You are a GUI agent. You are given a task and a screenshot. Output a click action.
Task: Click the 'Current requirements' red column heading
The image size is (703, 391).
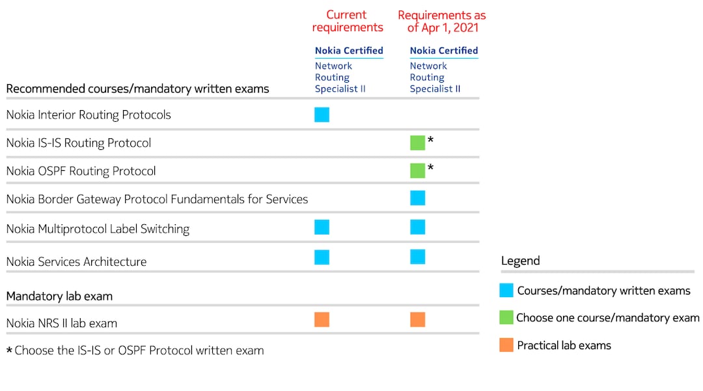[348, 21]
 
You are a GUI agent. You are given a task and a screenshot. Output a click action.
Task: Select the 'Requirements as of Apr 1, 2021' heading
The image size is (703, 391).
[442, 21]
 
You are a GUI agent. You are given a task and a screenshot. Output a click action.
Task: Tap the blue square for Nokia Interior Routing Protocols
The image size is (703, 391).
[322, 115]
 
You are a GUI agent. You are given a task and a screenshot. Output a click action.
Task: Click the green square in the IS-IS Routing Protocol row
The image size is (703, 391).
[417, 143]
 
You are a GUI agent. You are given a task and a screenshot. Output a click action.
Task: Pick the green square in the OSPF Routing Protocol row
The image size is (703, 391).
[417, 171]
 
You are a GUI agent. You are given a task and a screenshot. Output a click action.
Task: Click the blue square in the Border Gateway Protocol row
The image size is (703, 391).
[417, 198]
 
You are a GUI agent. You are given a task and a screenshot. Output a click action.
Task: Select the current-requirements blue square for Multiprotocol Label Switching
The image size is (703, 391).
[322, 227]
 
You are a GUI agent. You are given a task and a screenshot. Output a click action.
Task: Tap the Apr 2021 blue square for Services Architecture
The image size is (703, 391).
[417, 257]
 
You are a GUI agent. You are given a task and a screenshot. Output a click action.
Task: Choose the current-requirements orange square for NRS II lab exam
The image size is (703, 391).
[322, 319]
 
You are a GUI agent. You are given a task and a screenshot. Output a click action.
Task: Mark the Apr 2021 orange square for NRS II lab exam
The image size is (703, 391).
[417, 319]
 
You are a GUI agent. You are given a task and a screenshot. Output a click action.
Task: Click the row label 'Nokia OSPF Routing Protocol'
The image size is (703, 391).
[81, 171]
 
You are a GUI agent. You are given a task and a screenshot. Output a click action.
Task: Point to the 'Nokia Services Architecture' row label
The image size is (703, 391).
[76, 262]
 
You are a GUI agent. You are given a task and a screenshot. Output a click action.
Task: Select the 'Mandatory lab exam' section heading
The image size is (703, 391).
[59, 296]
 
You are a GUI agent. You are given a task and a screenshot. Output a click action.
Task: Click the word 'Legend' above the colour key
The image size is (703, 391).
[520, 261]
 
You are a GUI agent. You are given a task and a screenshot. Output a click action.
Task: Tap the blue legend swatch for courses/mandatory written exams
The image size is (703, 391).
[506, 291]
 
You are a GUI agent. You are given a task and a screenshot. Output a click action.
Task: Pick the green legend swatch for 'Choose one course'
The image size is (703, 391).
[506, 317]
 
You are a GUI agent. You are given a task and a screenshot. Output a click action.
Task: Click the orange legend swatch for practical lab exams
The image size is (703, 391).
[506, 345]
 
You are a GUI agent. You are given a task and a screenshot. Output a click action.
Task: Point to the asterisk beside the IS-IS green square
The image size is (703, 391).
[430, 140]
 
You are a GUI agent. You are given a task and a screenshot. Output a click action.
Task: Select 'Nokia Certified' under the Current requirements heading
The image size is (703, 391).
[349, 50]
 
